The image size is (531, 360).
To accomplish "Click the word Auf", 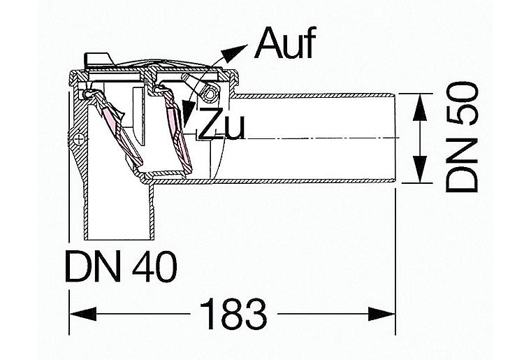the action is click(286, 43).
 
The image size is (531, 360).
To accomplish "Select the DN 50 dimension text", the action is click(462, 137).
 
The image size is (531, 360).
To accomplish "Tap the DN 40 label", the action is click(121, 267).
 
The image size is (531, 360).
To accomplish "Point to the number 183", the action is click(233, 314).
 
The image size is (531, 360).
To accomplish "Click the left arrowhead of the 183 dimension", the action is click(83, 314).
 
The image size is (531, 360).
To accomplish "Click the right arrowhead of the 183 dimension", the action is click(381, 314).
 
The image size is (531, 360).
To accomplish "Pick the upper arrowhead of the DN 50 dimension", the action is click(420, 108).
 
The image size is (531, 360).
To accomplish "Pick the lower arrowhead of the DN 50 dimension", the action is click(420, 169).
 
